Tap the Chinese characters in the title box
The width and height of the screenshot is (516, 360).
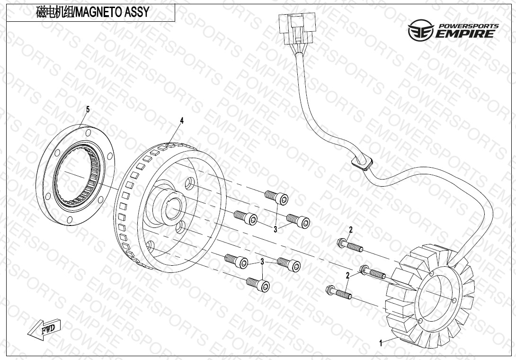[x=54, y=12]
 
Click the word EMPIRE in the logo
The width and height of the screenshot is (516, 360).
[x=465, y=34]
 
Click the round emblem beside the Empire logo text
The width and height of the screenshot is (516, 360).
[x=420, y=30]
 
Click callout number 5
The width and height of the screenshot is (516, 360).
[x=88, y=109]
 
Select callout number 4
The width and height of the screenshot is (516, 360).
[x=182, y=120]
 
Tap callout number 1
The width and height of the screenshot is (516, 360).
[x=381, y=343]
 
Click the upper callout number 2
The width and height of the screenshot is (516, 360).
[x=351, y=230]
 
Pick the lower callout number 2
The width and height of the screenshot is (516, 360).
[x=347, y=276]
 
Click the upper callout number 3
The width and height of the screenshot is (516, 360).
[x=276, y=230]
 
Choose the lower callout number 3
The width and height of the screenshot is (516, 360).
[x=262, y=262]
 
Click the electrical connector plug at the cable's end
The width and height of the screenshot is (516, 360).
[x=297, y=28]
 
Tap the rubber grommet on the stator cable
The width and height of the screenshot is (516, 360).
[x=362, y=163]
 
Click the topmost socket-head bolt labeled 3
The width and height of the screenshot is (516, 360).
[x=276, y=198]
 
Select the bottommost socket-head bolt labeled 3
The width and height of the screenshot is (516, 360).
[x=258, y=284]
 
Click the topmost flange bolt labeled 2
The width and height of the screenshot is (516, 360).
[x=350, y=245]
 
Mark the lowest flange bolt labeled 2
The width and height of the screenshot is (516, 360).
[x=338, y=292]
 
